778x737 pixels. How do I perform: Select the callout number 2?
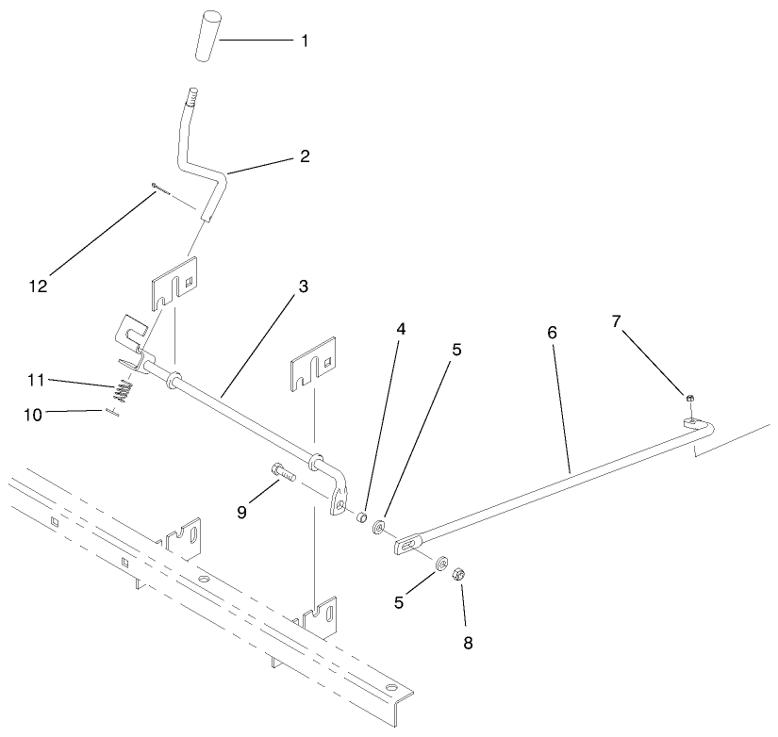point(305,156)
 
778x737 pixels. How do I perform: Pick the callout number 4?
point(400,331)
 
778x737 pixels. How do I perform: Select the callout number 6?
point(552,332)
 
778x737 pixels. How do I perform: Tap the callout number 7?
point(616,321)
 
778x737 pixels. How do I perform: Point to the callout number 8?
point(468,644)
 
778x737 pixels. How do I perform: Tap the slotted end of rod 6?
point(408,544)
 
